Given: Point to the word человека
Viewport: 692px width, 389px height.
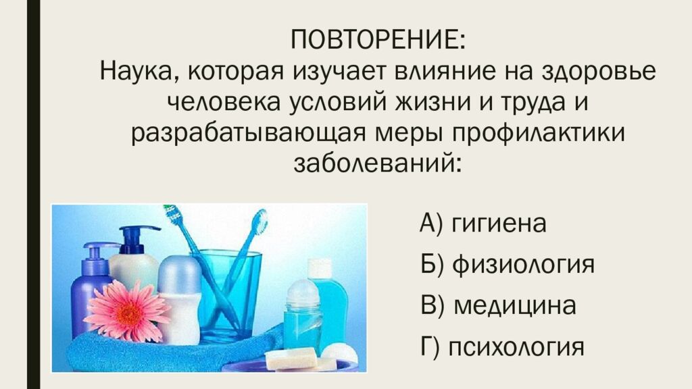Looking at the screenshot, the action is click(x=224, y=103).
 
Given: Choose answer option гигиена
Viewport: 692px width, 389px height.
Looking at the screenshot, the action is click(x=499, y=223).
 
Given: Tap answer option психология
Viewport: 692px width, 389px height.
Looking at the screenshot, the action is click(x=516, y=347).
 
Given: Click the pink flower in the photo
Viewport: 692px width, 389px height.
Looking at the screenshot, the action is click(x=128, y=310).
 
